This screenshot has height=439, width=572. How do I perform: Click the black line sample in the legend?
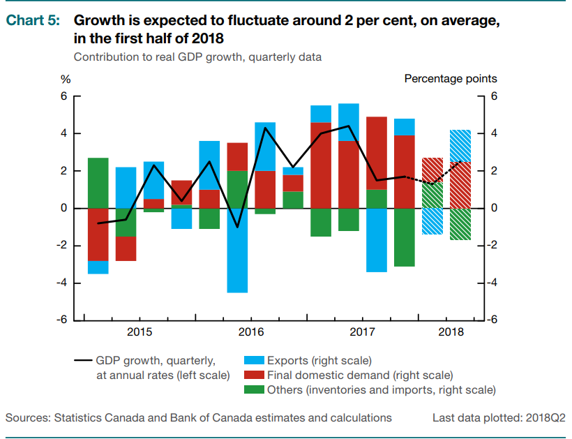click(83, 361)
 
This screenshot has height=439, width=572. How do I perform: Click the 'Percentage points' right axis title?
click(451, 79)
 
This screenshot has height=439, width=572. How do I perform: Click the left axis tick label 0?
click(63, 208)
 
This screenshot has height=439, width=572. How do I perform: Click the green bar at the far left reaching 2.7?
click(98, 182)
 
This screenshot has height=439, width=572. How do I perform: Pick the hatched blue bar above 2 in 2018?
click(460, 145)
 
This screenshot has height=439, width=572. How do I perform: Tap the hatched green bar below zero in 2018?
click(460, 224)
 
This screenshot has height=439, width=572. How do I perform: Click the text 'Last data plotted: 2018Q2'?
click(499, 418)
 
